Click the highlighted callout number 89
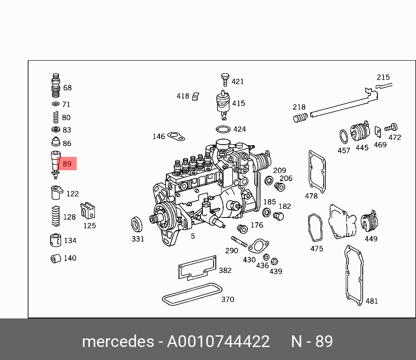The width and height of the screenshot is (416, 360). click(x=67, y=164)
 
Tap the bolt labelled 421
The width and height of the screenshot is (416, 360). click(x=225, y=80)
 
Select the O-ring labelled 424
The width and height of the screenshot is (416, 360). click(x=223, y=130)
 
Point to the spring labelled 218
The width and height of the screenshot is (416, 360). click(x=300, y=117)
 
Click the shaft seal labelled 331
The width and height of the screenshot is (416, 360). click(x=137, y=224)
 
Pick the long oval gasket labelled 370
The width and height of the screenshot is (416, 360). click(x=192, y=294)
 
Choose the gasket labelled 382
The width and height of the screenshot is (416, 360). click(x=198, y=268)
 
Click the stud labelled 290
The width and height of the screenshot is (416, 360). click(x=239, y=241)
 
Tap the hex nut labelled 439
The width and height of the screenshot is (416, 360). click(x=275, y=261)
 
